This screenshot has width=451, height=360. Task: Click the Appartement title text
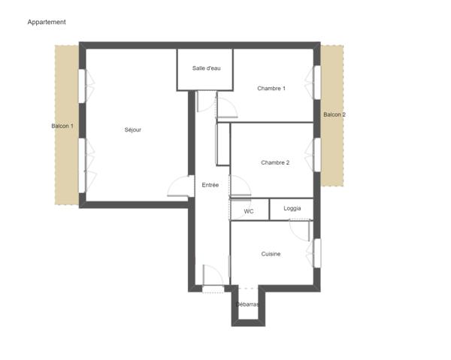(x=47, y=22)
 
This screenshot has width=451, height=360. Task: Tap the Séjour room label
(x=133, y=130)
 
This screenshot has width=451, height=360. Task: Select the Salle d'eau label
(x=206, y=68)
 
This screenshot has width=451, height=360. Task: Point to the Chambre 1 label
(x=271, y=88)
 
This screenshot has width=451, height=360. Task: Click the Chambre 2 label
(x=275, y=162)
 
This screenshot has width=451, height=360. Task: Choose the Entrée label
(x=210, y=185)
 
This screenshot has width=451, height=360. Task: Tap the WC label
(x=249, y=211)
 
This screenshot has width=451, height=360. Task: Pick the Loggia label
(x=292, y=208)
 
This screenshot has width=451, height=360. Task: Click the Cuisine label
(x=271, y=254)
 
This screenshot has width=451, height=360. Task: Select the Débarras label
(x=247, y=304)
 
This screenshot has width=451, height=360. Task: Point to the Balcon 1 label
(x=62, y=126)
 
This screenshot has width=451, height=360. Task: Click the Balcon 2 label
(x=334, y=114)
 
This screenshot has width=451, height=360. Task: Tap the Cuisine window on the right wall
(x=317, y=253)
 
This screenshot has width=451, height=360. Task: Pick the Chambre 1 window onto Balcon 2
(x=317, y=83)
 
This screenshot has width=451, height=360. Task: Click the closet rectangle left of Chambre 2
(x=223, y=144)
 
